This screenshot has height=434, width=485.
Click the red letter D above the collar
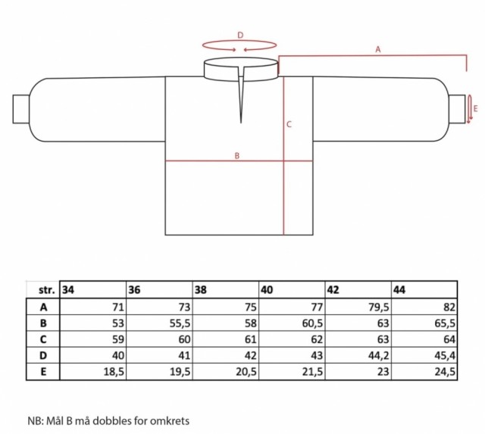(240, 36)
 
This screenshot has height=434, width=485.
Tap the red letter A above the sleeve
(377, 49)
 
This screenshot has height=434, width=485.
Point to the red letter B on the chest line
(237, 156)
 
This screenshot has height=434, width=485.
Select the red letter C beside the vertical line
(289, 124)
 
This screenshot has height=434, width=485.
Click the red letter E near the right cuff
(475, 108)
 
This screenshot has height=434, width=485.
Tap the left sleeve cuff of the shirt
(21, 109)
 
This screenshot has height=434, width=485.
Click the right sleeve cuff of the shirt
(457, 109)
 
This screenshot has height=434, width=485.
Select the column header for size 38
(200, 290)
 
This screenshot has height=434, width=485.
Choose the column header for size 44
(399, 290)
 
